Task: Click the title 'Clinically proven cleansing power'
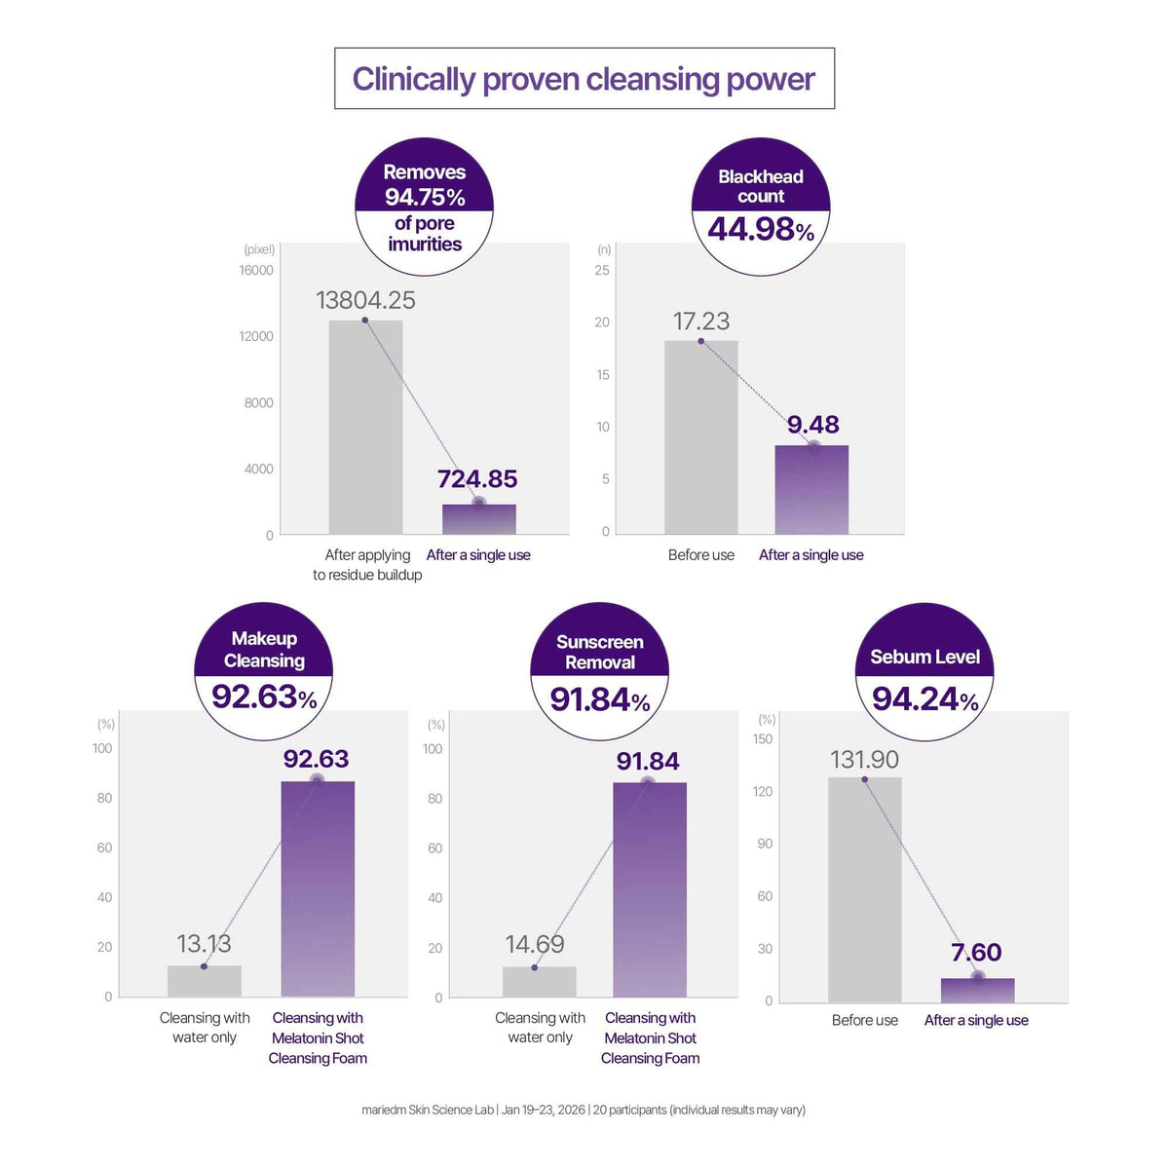coord(584,80)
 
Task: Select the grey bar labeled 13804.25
coord(365,427)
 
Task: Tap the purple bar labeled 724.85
coord(478,519)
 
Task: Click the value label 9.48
coord(812,425)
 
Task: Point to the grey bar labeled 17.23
coord(700,437)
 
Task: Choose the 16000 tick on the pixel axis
coord(256,271)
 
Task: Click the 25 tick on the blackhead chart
coord(602,271)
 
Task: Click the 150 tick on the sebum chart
coord(763,738)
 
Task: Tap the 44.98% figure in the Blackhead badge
coord(761,229)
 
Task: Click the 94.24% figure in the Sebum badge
coord(925,699)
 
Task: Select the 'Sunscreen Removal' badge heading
coord(600,652)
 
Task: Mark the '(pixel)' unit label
coord(259,249)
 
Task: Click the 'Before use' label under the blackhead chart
coord(700,555)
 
